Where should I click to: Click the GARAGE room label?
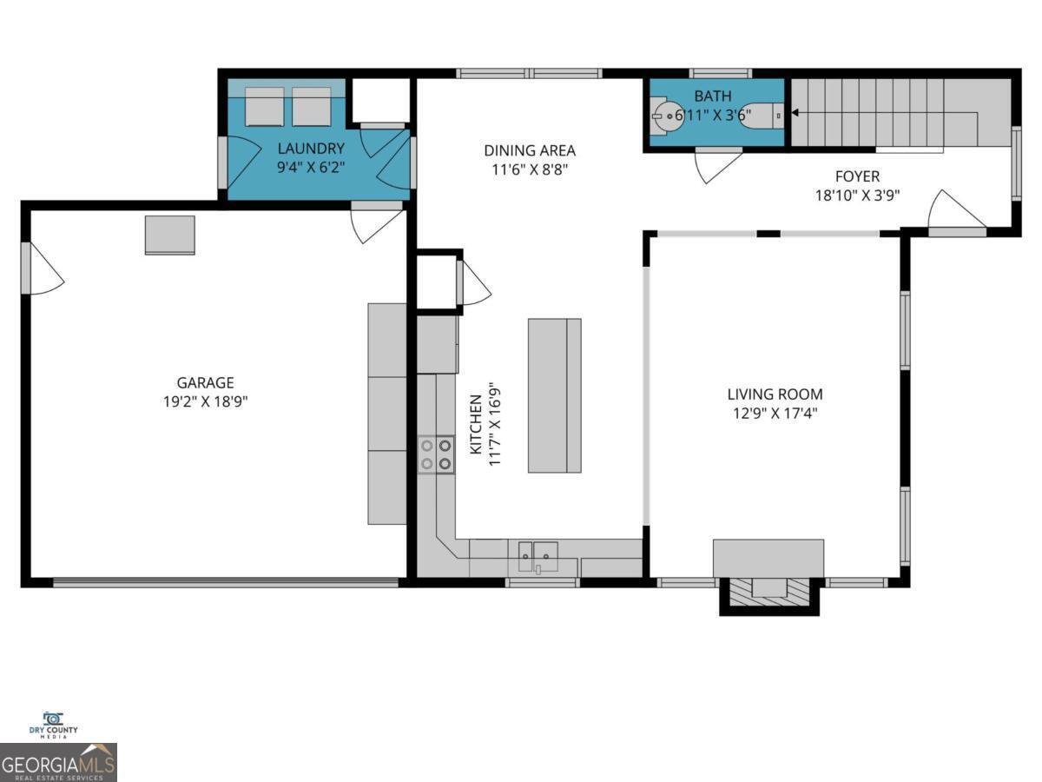tap(205, 382)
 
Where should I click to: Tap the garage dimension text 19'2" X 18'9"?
tap(205, 401)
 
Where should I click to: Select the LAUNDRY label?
tap(311, 149)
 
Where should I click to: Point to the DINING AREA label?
tap(530, 150)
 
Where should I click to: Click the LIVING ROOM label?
tap(775, 394)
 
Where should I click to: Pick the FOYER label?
tap(857, 176)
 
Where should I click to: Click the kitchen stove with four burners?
tap(436, 454)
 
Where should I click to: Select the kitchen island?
tap(554, 395)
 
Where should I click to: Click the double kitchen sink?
tap(538, 554)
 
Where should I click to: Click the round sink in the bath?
tap(666, 114)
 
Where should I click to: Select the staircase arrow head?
tap(794, 113)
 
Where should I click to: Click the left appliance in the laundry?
tap(264, 107)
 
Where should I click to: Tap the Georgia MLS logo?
tap(58, 763)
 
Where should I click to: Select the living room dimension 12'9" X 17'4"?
tap(775, 414)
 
